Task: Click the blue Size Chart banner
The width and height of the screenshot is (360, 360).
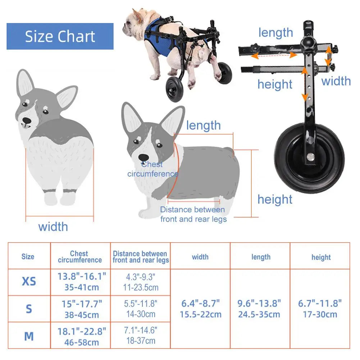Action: pos(60,36)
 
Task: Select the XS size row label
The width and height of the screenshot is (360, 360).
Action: pos(29,281)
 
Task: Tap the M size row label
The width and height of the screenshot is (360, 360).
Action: pos(29,336)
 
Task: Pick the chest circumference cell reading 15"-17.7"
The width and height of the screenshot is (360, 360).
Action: pos(82,309)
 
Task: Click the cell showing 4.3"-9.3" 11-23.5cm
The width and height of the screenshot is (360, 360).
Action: pos(141,282)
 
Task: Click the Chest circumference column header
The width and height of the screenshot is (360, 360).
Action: pos(79,257)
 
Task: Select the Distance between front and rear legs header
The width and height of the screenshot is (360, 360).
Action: pos(140,257)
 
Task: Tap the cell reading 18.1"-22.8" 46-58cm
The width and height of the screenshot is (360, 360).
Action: pos(82,336)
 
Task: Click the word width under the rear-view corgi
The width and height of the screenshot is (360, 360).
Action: pos(53,227)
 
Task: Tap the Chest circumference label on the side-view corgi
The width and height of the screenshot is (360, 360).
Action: pos(152,169)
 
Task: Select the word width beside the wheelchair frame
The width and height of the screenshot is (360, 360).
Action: pos(336,81)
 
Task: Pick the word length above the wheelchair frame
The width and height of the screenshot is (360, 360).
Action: pos(275,32)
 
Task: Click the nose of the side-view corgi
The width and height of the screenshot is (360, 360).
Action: pos(143,157)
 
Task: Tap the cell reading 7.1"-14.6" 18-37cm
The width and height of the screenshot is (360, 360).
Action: pos(141,335)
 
